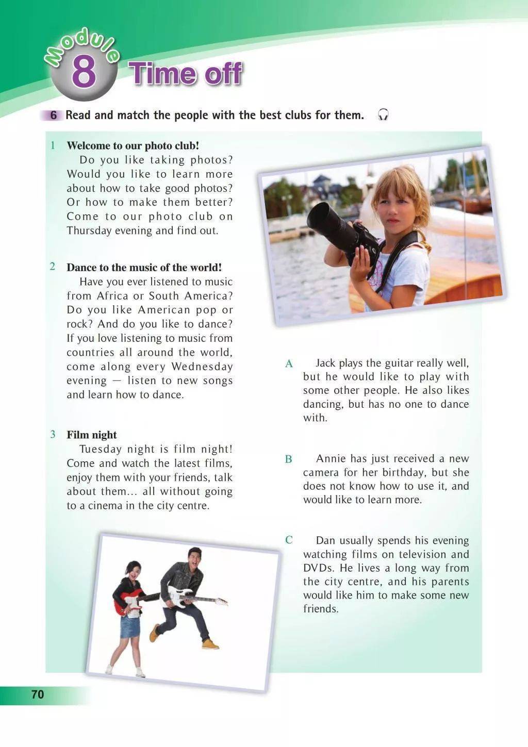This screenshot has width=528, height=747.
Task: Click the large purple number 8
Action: click(x=84, y=73)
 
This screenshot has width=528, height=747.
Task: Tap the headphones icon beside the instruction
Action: click(x=383, y=115)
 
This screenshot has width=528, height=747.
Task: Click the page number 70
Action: click(x=38, y=694)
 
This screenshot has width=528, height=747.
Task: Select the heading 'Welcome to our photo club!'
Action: click(x=133, y=145)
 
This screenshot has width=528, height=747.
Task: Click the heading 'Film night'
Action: click(x=92, y=435)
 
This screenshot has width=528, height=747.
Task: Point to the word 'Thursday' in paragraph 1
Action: click(x=89, y=230)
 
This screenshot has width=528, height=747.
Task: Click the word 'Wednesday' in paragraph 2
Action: click(x=202, y=367)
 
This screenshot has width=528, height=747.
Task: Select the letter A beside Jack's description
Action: click(x=289, y=364)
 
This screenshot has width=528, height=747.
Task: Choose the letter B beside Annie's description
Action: click(x=289, y=459)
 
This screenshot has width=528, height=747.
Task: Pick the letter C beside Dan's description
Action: click(x=289, y=540)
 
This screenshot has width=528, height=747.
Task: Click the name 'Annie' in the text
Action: click(x=331, y=459)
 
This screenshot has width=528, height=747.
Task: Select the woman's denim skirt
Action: click(x=130, y=626)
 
